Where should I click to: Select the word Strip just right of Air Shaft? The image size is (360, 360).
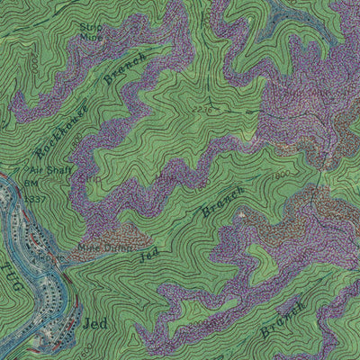(x=88, y=178)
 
